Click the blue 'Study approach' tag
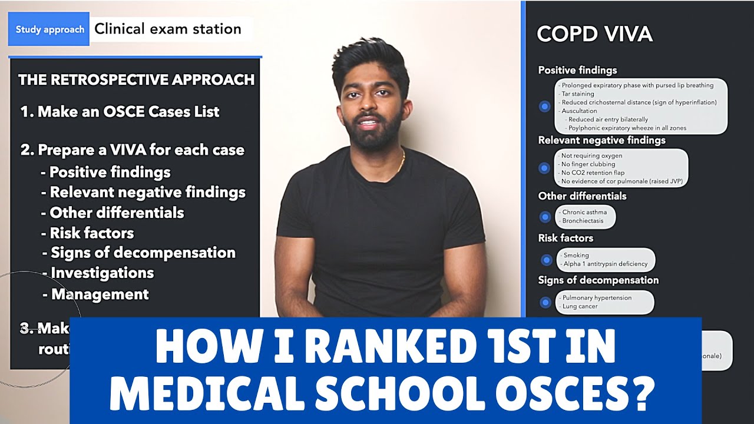coord(49,29)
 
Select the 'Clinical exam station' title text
coord(168,29)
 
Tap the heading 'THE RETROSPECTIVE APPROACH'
coord(136,80)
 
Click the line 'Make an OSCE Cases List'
coord(128,112)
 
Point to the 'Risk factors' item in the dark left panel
coord(91,233)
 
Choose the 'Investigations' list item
coord(102,273)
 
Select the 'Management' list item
coord(100,294)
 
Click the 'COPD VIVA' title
coord(594,34)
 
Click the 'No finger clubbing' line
coord(588,164)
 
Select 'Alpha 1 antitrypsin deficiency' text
coord(605,264)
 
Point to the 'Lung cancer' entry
coord(580,306)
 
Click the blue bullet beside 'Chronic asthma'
coord(545,217)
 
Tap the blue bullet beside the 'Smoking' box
coord(546,260)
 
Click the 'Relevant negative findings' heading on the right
coord(601,140)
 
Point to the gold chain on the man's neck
coord(402,161)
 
